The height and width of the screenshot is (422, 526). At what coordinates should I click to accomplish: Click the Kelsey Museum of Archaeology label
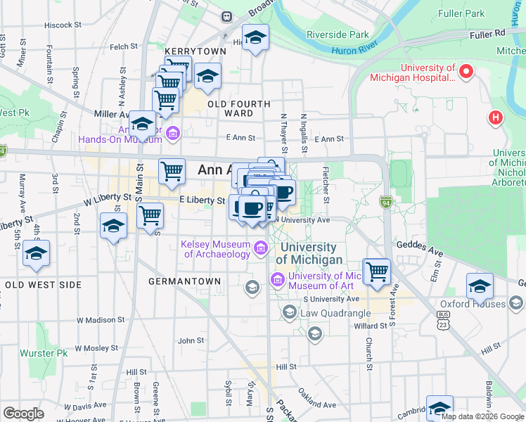217,249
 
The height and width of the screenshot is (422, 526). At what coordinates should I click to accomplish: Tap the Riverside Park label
338,34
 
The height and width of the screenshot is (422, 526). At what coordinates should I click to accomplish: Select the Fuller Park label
461,13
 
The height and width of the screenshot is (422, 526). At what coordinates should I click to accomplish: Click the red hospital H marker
496,117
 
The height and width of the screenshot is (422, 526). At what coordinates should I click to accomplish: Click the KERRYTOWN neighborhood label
195,51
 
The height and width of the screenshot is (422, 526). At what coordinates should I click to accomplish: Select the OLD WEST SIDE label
42,285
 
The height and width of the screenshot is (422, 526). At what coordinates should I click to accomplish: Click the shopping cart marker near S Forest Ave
378,270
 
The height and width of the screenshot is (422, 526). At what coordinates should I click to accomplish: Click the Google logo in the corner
23,413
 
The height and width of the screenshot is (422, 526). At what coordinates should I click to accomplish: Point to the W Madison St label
101,319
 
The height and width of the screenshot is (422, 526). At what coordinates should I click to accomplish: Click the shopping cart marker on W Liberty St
150,215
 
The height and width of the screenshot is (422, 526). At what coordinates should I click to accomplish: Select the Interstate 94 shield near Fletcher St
386,202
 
